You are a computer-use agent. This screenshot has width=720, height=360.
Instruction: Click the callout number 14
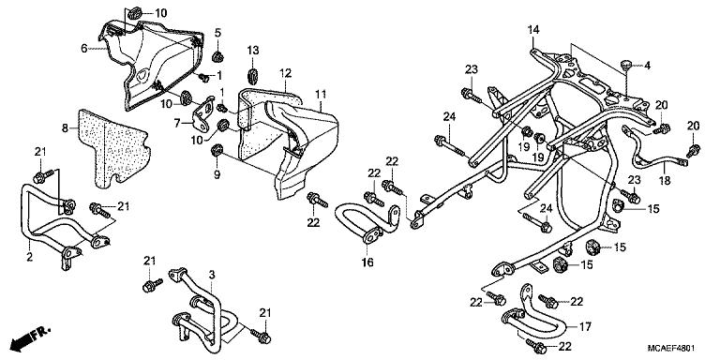pyautogui.click(x=532, y=31)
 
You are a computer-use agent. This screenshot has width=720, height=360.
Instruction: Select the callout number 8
pyautogui.click(x=65, y=127)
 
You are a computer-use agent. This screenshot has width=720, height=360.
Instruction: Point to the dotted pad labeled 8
pyautogui.click(x=113, y=148)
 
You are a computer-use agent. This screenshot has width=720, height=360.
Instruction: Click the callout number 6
pyautogui.click(x=84, y=48)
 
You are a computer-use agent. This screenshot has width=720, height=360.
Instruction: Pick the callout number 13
pyautogui.click(x=253, y=50)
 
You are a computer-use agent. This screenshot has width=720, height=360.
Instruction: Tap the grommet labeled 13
pyautogui.click(x=253, y=75)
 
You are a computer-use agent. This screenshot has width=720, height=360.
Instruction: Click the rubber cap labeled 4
pyautogui.click(x=626, y=66)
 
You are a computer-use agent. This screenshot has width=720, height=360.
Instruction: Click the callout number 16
pyautogui.click(x=367, y=262)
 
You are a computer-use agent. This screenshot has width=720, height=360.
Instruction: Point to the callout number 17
pyautogui.click(x=585, y=327)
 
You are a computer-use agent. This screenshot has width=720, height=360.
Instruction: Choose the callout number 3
pyautogui.click(x=212, y=275)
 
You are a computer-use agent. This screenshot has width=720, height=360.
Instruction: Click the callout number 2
pyautogui.click(x=30, y=257)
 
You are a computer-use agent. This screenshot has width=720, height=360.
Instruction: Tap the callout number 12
pyautogui.click(x=285, y=72)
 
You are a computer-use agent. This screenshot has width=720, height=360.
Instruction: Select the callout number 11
pyautogui.click(x=321, y=95)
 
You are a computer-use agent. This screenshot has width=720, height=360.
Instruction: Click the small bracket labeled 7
pyautogui.click(x=202, y=113)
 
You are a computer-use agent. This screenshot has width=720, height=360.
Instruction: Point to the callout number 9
pyautogui.click(x=217, y=174)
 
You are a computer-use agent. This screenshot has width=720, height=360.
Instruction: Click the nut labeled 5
pyautogui.click(x=217, y=57)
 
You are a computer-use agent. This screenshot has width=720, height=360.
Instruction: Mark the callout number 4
pyautogui.click(x=647, y=66)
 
